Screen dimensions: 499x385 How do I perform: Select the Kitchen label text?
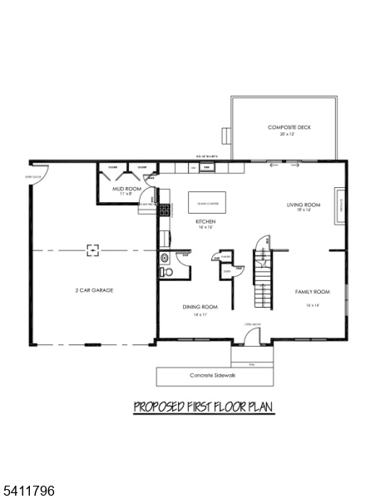pyautogui.click(x=205, y=222)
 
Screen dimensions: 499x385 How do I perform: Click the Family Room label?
pyautogui.click(x=313, y=292)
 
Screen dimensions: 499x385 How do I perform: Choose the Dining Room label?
pyautogui.click(x=200, y=307)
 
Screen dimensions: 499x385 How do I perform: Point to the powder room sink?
pyautogui.click(x=164, y=257)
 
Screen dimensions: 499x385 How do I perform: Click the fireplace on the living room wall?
pyautogui.click(x=339, y=205)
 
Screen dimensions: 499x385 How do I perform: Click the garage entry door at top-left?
pyautogui.click(x=42, y=174)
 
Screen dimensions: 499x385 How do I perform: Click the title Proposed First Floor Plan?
pyautogui.click(x=204, y=407)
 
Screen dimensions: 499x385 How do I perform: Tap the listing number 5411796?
pyautogui.click(x=28, y=491)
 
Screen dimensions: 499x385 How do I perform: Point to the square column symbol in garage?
pyautogui.click(x=94, y=248)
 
